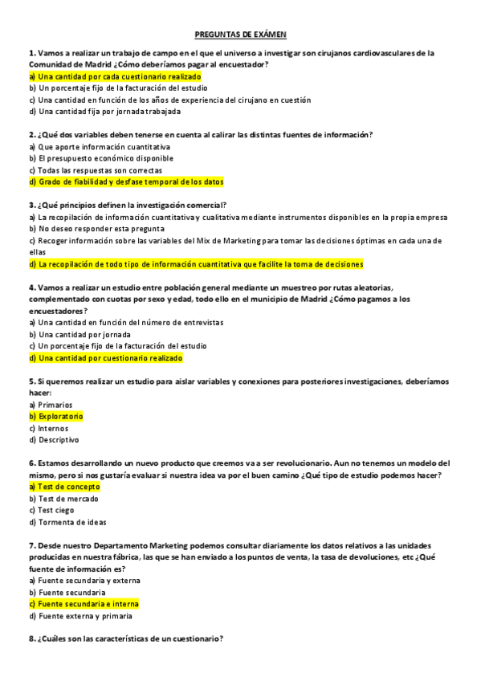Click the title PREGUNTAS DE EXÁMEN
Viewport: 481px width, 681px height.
[241, 35]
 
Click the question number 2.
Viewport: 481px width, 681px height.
[31, 135]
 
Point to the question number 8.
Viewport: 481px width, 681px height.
[31, 639]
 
